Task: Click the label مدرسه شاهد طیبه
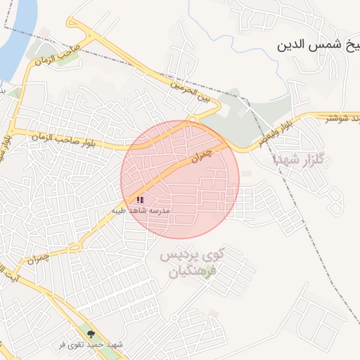(141, 210)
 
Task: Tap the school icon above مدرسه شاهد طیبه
(140, 200)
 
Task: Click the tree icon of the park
(90, 333)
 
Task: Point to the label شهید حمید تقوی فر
(91, 345)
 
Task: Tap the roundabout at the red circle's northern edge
(191, 120)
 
